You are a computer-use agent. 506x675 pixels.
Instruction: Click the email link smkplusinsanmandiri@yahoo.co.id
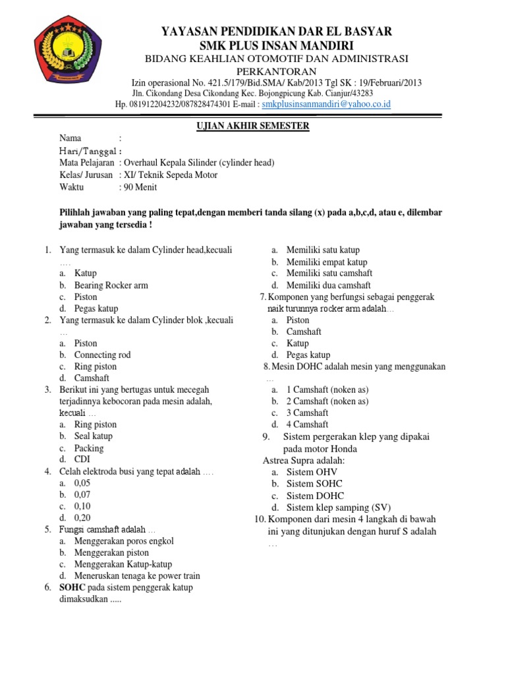click(x=326, y=104)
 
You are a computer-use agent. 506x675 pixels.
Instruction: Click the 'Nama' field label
click(x=70, y=138)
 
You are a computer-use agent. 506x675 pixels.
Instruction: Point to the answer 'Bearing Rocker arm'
click(x=111, y=285)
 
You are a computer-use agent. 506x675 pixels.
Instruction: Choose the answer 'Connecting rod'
click(x=102, y=355)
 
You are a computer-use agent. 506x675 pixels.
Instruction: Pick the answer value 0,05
click(x=82, y=483)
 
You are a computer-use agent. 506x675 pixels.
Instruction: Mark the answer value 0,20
click(x=82, y=518)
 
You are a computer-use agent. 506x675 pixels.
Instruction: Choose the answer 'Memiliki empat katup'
click(x=326, y=262)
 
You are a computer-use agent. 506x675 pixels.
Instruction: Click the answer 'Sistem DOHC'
click(x=315, y=495)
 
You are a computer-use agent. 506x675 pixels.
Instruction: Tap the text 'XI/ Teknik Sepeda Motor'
click(x=170, y=175)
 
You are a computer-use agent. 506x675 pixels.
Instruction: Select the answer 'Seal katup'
click(x=94, y=436)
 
